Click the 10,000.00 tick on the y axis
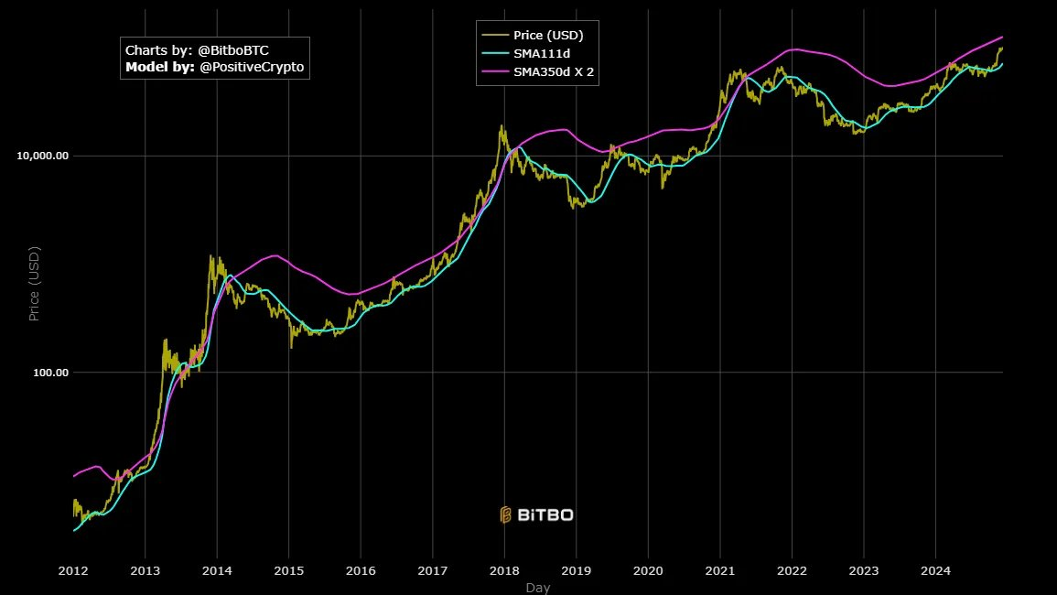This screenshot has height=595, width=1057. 43,156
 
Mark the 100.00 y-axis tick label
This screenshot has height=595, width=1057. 50,373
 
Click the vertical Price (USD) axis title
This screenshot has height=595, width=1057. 35,283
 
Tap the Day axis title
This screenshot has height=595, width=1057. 538,588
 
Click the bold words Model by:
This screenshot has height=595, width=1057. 160,68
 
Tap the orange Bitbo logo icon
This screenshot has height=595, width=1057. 505,515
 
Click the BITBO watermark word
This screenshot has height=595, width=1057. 545,515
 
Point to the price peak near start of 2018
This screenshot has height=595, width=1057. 502,127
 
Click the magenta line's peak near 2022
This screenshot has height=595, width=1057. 796,49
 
